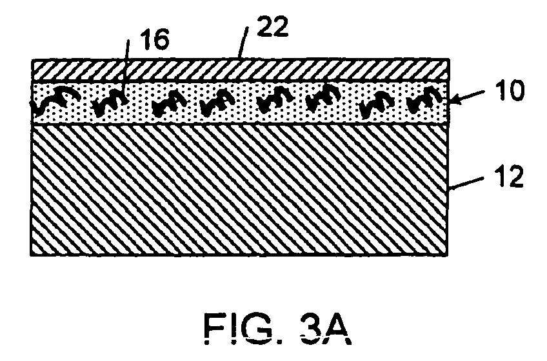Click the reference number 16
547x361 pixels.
pos(154,39)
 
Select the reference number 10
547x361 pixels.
pos(510,90)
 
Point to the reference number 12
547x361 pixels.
pos(509,177)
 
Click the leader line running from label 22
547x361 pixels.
pos(243,42)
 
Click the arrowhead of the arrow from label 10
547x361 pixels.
pos(454,100)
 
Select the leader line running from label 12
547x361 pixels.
pos(466,184)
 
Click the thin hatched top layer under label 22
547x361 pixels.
pos(240,70)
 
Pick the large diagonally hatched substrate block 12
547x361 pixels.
pos(239,190)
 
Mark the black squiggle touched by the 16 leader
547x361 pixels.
pos(110,101)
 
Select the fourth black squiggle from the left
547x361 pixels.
pos(217,101)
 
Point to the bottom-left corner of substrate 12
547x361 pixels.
pos(31,256)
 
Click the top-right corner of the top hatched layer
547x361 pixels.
pos(448,60)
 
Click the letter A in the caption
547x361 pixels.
pos(337,328)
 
